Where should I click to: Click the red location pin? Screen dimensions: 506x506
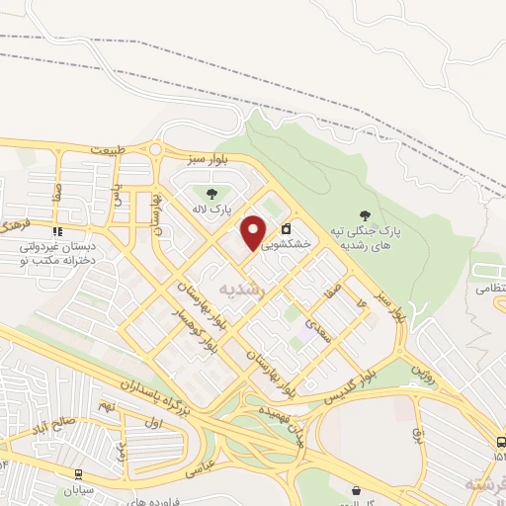pos(254,232)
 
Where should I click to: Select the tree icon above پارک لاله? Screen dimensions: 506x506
pos(210,193)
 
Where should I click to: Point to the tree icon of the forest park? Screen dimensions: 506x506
pos(367,214)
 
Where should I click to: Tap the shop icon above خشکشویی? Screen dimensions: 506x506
pos(287,227)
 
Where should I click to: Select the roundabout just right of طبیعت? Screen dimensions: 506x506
pos(154,150)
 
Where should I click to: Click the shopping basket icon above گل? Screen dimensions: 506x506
pos(356,489)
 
